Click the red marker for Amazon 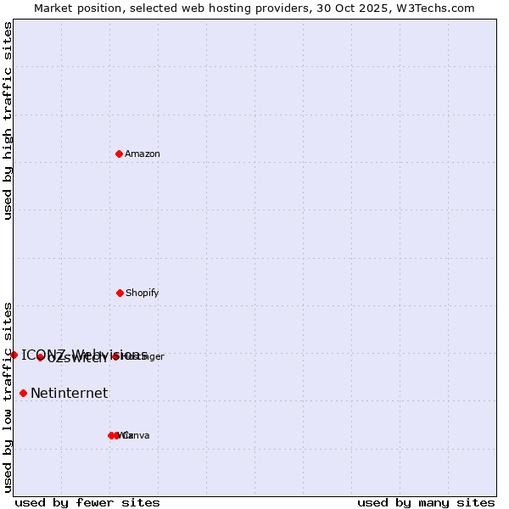click(x=119, y=154)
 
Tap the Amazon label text click(x=143, y=154)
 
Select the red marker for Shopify click(x=120, y=293)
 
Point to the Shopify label click(x=143, y=294)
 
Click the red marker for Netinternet click(x=23, y=393)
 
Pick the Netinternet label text click(x=70, y=394)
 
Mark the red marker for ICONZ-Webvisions click(x=14, y=355)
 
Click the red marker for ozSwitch click(x=40, y=357)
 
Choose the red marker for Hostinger click(x=115, y=356)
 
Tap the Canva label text click(x=137, y=436)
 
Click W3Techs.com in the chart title click(x=438, y=8)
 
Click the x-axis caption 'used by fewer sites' click(x=87, y=502)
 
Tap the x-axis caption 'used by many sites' click(x=426, y=502)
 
